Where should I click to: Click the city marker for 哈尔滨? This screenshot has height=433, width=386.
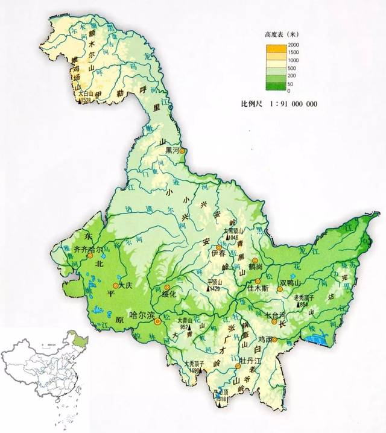[158, 322]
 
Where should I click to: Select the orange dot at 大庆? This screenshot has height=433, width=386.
[116, 286]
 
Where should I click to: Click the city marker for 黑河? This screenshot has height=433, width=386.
[184, 151]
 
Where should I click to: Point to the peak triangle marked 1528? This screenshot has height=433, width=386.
[80, 101]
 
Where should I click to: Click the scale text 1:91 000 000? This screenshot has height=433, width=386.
[295, 104]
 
